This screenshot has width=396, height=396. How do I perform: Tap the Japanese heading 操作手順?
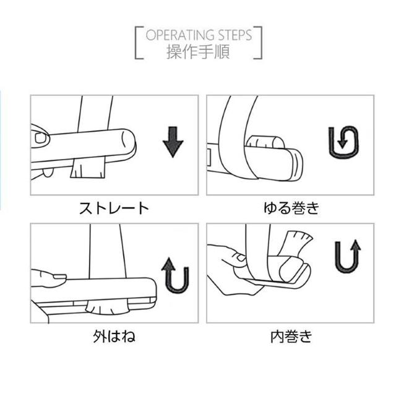[198, 51]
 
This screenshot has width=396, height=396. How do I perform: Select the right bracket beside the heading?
[259, 43]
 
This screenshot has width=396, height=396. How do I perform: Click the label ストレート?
[114, 207]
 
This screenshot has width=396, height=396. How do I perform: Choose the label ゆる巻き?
[290, 207]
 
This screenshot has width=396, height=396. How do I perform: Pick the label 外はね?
[114, 337]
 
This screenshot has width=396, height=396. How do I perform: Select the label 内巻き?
[290, 337]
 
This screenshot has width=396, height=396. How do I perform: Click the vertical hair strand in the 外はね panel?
[108, 254]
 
